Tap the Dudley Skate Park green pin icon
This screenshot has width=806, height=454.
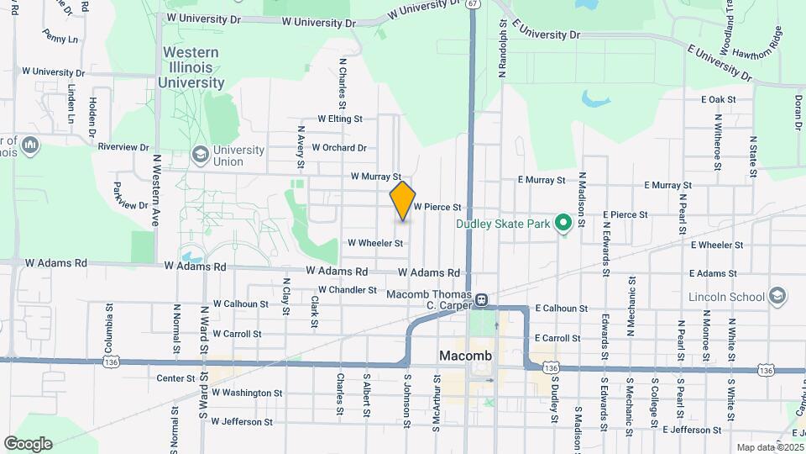click(564, 224)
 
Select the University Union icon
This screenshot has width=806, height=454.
click(200, 155)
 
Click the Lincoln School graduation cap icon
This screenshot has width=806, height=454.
click(778, 296)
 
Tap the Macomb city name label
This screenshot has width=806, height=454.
click(465, 356)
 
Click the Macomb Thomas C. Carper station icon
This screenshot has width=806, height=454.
click(482, 299)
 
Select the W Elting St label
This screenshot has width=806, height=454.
click(339, 120)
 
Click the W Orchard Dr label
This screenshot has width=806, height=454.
click(339, 148)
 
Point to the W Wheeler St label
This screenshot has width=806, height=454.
click(375, 243)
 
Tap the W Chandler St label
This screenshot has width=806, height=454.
click(348, 290)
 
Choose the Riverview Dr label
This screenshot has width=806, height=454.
click(123, 146)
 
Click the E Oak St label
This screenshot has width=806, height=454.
click(718, 99)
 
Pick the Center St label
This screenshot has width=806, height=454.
click(175, 378)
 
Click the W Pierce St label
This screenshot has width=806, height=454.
click(437, 207)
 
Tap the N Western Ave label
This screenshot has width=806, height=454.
click(156, 190)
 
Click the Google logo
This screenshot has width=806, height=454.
click(28, 444)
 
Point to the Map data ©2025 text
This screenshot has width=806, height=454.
click(769, 447)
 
